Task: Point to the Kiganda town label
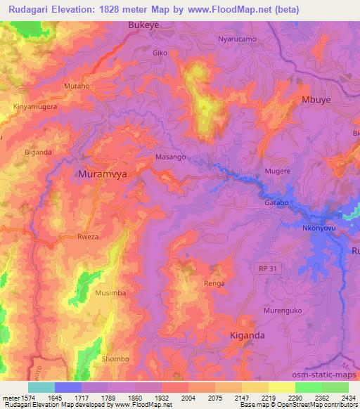click(247, 335)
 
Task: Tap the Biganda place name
click(39, 152)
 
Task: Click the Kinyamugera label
click(34, 106)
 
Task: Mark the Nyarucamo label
click(237, 39)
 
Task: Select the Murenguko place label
click(283, 310)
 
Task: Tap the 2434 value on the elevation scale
click(347, 398)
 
